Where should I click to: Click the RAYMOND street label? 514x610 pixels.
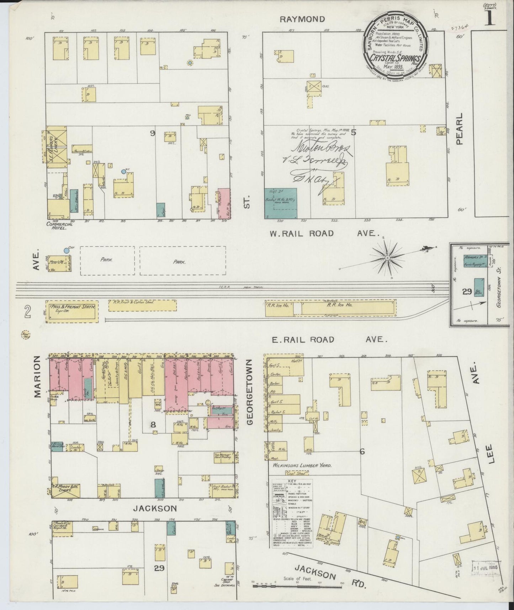pos(302,19)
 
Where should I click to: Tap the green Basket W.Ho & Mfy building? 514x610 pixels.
pos(280,203)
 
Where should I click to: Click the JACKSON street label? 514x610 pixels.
pos(155,509)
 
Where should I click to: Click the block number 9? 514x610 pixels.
pos(153,133)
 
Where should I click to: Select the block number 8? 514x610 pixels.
pos(153,424)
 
